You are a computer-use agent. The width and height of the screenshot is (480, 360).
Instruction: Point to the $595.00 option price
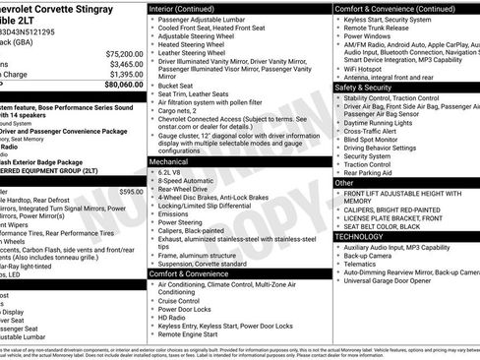click(x=131, y=192)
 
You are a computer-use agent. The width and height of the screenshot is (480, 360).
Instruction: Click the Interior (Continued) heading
click(x=189, y=8)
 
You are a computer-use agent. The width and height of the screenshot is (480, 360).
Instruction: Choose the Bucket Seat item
click(x=177, y=86)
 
